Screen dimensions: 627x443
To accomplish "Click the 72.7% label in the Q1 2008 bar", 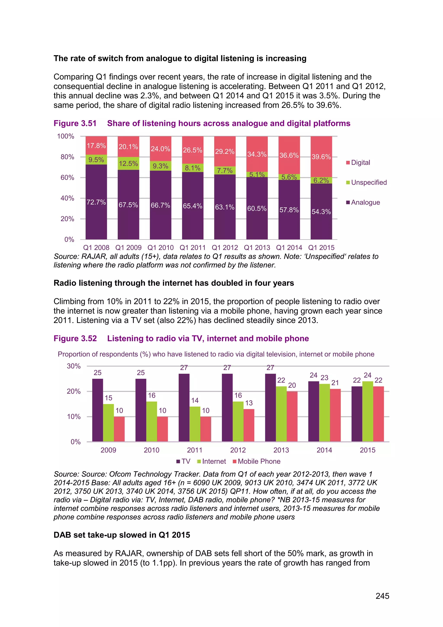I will point(96,202).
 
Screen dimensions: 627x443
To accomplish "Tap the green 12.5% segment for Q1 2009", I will point(128,164).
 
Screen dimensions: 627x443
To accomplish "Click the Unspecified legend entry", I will point(366,183).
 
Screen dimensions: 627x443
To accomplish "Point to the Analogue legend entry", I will point(363,202).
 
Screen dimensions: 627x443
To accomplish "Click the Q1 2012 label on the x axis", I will point(225,247).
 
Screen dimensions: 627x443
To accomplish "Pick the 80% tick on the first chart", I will point(67,157).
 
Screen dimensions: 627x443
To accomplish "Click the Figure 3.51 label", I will point(75,123).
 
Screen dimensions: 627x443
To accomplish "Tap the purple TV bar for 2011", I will point(184,407).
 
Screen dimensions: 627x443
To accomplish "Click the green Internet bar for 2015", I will point(368,411).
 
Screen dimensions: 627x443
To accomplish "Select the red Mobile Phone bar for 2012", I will point(249,425).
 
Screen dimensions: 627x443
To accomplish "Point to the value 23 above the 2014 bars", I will point(324,378).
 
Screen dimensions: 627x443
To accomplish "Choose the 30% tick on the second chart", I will point(74,366).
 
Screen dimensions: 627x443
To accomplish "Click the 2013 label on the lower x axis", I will point(281,450).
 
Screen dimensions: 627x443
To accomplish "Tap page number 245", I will point(382,596).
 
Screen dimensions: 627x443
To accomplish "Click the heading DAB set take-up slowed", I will point(122,535).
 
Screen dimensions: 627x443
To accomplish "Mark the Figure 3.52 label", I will point(75,338).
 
